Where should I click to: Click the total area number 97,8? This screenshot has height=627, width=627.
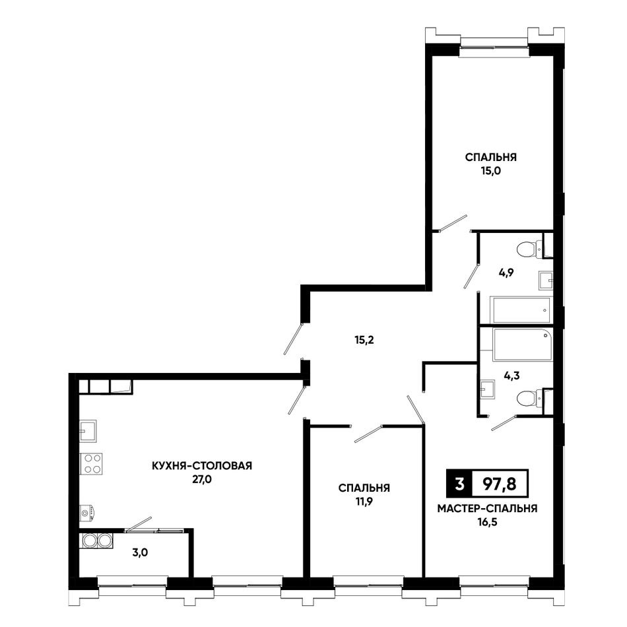tap(500, 484)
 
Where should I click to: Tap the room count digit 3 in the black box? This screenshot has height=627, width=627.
tap(459, 484)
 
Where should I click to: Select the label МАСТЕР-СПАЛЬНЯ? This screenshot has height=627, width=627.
tap(487, 509)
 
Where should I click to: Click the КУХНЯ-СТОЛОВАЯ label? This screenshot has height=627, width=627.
tap(202, 466)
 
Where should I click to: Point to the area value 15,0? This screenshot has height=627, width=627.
tap(491, 171)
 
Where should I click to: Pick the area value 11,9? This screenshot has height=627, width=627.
tap(364, 502)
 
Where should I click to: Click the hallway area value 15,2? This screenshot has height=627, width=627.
tap(364, 341)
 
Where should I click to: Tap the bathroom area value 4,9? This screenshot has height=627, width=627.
tap(506, 273)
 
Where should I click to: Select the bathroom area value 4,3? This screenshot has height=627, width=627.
tap(512, 376)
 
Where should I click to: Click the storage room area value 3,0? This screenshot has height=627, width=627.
tap(140, 553)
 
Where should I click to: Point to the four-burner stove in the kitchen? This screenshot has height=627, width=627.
tap(92, 464)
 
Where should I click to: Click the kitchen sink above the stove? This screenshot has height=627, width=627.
tap(88, 431)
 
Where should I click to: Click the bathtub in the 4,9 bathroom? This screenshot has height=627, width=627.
tap(521, 310)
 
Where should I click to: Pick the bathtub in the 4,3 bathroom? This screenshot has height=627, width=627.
tap(523, 344)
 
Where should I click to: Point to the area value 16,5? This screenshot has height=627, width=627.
tap(487, 522)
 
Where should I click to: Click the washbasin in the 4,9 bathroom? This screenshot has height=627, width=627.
tap(546, 280)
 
